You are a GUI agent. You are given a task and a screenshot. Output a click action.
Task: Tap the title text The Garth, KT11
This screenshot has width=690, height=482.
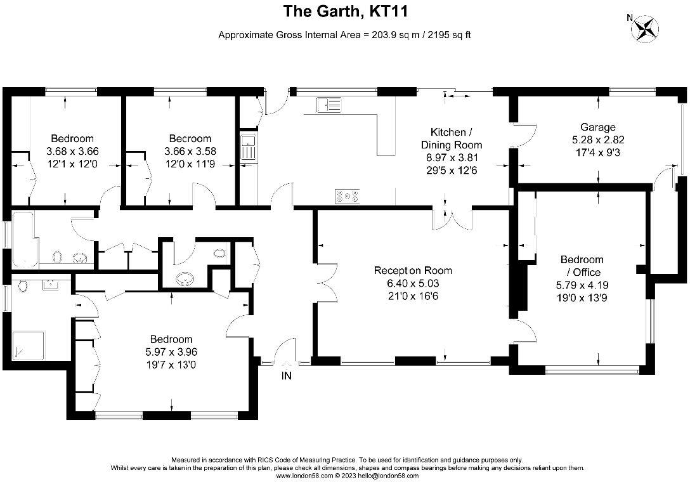pos(344,11)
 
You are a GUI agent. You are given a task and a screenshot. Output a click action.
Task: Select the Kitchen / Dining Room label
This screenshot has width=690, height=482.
pos(452,138)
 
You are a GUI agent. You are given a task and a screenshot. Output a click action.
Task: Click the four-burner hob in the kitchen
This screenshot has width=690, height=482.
pos(347,197)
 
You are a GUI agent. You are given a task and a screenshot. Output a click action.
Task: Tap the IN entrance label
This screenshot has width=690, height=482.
pos(287,376)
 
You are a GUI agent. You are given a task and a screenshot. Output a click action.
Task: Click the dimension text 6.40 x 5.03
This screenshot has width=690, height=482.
pos(413,283)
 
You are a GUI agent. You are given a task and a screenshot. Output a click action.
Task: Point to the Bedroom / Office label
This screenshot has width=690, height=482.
pos(582,266)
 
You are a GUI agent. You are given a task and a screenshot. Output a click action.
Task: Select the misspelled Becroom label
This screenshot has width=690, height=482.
pos(190,138)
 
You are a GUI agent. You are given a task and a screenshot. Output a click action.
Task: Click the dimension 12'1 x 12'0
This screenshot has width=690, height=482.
pos(72,164)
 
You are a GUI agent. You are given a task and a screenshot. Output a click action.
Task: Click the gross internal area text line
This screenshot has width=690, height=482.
pos(344,35)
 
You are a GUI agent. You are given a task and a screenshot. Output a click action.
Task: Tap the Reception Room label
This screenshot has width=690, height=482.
pos(413,271)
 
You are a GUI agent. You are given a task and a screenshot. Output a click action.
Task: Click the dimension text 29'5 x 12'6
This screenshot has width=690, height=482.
pos(452,170)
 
